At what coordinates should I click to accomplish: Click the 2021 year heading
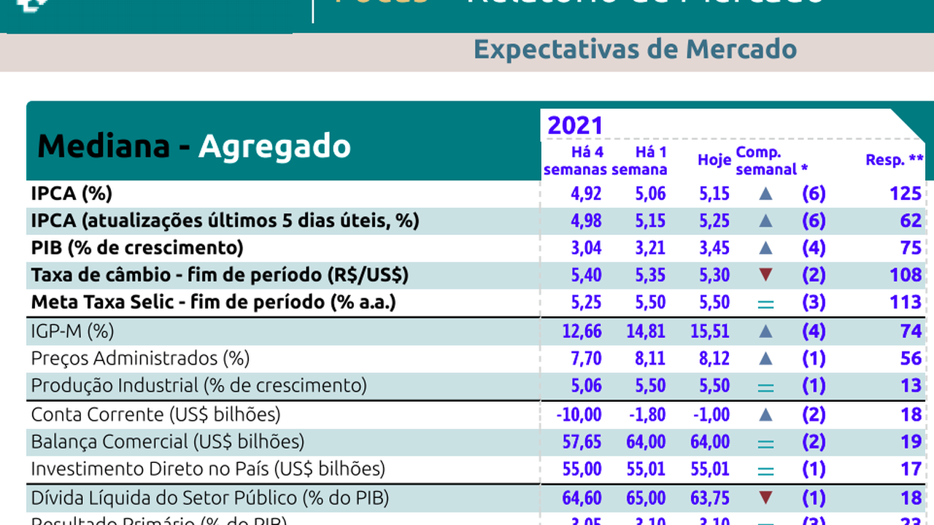pos(575,125)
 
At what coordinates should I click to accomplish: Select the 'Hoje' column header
pos(714,160)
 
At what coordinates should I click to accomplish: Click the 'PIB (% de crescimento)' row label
pos(137,248)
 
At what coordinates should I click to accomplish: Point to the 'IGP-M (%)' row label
pos(73,332)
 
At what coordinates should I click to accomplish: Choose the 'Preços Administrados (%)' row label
pos(140,359)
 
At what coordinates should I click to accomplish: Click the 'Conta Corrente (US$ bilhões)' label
pos(155,415)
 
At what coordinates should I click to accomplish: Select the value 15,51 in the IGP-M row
pos(710,332)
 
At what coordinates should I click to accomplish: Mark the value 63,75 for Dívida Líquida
pos(710,499)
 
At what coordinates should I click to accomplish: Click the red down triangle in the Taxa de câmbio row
pos(765,275)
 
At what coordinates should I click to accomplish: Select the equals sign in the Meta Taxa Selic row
pos(765,303)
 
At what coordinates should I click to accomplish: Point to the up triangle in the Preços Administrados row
pos(765,359)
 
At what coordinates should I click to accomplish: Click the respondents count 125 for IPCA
pos(906,193)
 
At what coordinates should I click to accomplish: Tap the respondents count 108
pos(906,275)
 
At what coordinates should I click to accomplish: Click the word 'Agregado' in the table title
pos(274,146)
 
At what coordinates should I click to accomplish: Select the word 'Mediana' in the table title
pos(104,146)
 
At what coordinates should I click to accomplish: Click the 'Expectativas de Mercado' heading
pos(635,50)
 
